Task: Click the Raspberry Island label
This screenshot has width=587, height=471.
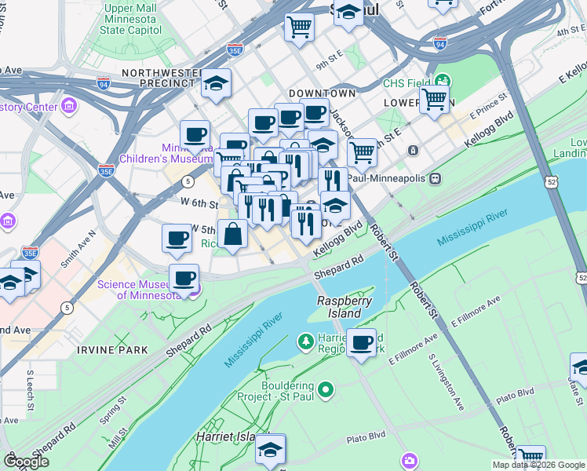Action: [339, 307]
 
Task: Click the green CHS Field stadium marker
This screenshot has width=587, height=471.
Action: [443, 80]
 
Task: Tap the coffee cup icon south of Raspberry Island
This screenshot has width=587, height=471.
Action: [361, 343]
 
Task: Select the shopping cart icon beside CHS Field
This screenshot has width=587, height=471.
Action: [434, 100]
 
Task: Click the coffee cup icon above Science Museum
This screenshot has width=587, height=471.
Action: [184, 278]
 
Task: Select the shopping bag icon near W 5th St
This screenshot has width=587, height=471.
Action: [233, 234]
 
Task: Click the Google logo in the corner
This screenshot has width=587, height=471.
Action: [26, 462]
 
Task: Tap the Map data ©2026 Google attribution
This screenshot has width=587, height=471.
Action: [538, 465]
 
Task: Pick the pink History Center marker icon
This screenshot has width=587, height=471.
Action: [69, 105]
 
